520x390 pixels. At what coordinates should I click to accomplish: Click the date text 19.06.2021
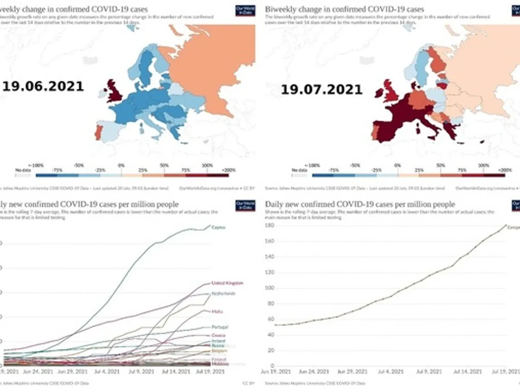point(43,86)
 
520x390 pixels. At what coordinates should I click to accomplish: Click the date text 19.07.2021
point(322,90)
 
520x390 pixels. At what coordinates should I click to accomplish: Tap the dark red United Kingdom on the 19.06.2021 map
point(116,91)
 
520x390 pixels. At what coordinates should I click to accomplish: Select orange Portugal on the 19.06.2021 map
point(98,132)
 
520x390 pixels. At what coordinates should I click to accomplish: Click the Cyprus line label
point(218,227)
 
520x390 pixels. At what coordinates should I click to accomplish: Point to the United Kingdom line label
point(227,283)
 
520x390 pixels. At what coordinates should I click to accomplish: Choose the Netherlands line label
point(223,293)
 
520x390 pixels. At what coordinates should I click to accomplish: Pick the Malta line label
point(218,311)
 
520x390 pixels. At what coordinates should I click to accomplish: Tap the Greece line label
point(218,335)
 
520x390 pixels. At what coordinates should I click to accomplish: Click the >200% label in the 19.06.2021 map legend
point(230,170)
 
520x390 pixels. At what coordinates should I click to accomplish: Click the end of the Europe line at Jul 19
point(506,225)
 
